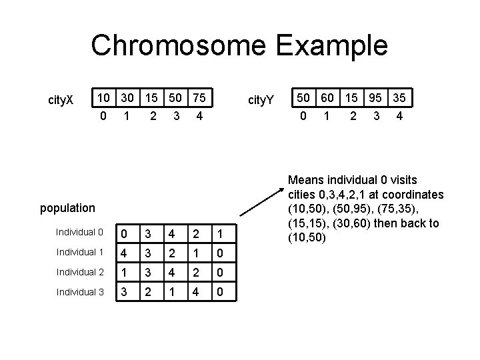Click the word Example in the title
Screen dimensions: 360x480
click(x=333, y=46)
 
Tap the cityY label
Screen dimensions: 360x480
click(x=261, y=101)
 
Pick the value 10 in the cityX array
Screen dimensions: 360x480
click(x=103, y=99)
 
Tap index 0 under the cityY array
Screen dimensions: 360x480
click(x=304, y=116)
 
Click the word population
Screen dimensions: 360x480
click(x=67, y=208)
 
